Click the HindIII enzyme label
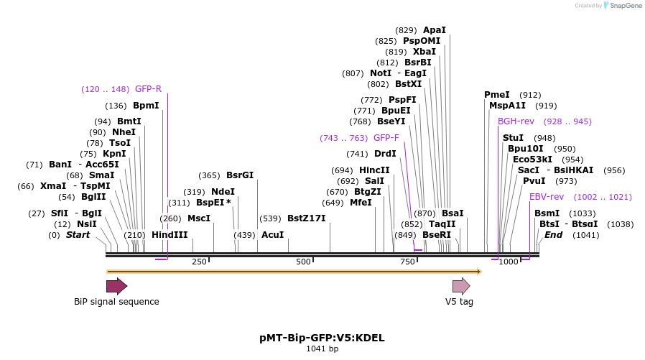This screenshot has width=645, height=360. pyautogui.click(x=170, y=235)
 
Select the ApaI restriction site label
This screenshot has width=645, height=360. pyautogui.click(x=435, y=30)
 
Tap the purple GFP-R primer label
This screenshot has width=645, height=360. pyautogui.click(x=148, y=89)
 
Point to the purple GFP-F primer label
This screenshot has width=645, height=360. pyautogui.click(x=386, y=137)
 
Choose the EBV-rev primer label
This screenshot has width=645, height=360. pyautogui.click(x=547, y=196)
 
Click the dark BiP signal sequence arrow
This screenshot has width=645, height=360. pyautogui.click(x=116, y=287)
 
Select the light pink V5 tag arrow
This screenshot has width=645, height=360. pyautogui.click(x=460, y=287)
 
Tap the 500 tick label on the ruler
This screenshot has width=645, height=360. pyautogui.click(x=303, y=262)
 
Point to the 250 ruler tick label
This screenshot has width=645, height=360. pyautogui.click(x=199, y=262)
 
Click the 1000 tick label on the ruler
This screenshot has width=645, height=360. pyautogui.click(x=509, y=262)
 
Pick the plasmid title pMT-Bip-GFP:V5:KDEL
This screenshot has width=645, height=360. pyautogui.click(x=322, y=337)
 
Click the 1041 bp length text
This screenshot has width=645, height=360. pyautogui.click(x=322, y=349)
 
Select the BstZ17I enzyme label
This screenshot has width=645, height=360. pyautogui.click(x=306, y=218)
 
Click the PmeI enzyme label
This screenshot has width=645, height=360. pyautogui.click(x=497, y=95)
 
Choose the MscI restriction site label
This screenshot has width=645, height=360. pyautogui.click(x=199, y=218)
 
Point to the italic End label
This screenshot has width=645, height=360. pyautogui.click(x=553, y=235)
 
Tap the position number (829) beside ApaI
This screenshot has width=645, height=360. pyautogui.click(x=406, y=30)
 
